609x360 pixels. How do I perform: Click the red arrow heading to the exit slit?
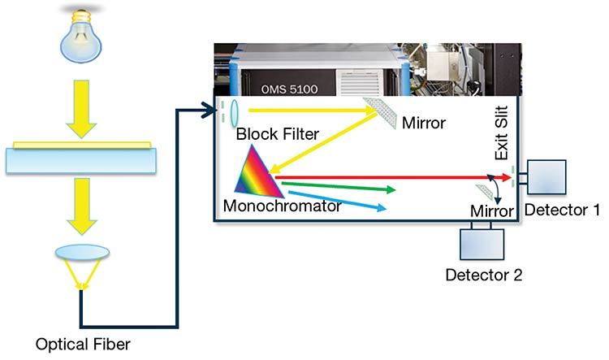click(390, 174)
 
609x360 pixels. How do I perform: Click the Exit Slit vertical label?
click(502, 135)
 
